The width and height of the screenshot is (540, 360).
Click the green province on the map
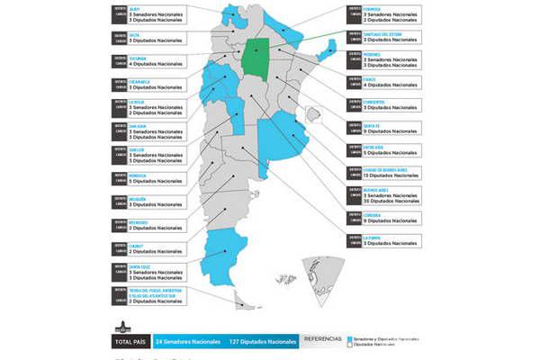[258, 58]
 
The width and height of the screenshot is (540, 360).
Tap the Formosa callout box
[383, 14]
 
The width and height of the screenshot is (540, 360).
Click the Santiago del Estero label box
[383, 38]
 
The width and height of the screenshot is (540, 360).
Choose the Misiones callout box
[383, 61]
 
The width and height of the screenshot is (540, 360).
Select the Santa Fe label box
[383, 128]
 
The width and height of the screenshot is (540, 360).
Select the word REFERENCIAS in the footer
[324, 339]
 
